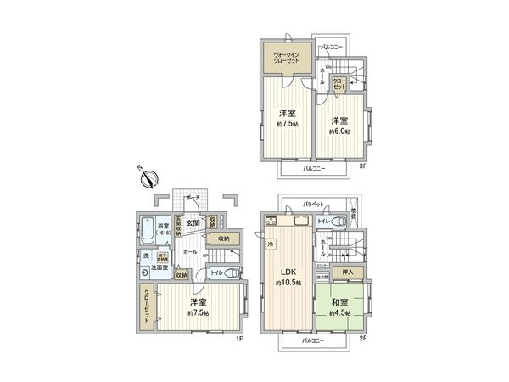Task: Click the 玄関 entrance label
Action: [193, 223]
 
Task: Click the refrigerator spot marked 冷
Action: [271, 244]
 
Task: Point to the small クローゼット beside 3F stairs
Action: [338, 82]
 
